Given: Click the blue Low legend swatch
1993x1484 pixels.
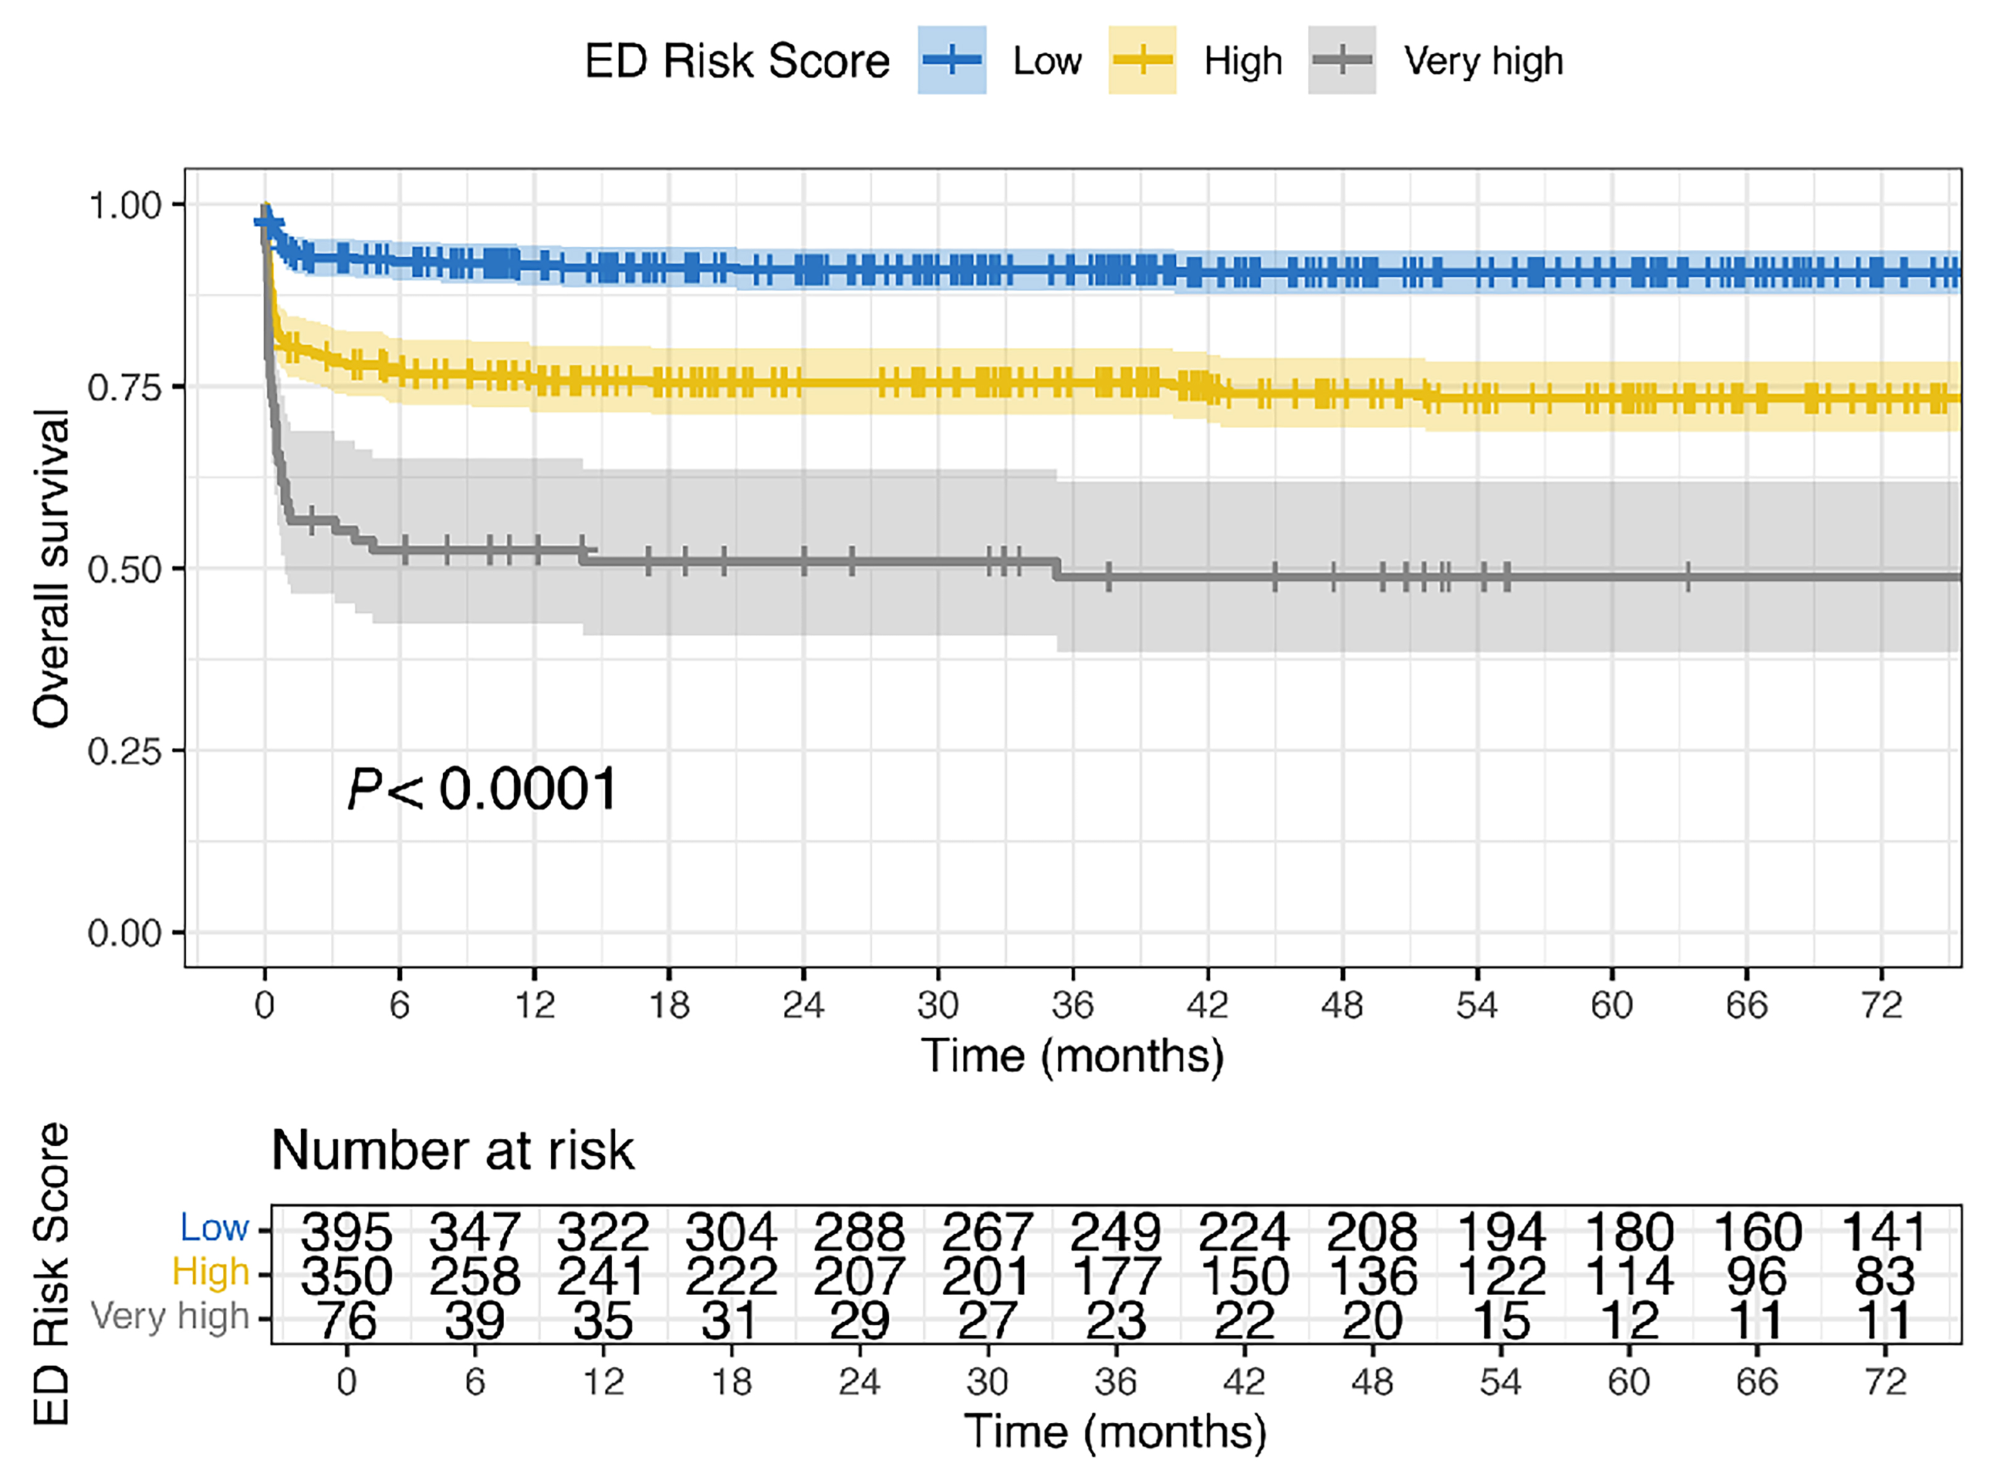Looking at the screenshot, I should point(952,60).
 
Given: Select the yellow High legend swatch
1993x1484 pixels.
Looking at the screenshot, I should point(1142,60).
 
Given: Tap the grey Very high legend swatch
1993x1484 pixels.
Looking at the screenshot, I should point(1342,60).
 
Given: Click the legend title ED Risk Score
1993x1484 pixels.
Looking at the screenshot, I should point(737,62).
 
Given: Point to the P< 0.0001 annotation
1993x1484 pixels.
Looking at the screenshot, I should point(483,790).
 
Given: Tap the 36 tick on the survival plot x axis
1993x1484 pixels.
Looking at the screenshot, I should point(1073,1005).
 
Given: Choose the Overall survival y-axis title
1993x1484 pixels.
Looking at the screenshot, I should point(51,568).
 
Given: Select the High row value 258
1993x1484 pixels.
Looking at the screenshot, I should point(475,1275).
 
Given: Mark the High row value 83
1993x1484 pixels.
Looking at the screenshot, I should point(1884,1275).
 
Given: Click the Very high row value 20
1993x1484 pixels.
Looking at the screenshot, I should point(1371,1320).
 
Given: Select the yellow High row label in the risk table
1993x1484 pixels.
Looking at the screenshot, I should point(210,1272).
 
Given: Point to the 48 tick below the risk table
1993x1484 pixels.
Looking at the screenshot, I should point(1371,1382).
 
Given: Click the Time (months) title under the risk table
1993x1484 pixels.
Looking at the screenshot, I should point(1115,1432).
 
